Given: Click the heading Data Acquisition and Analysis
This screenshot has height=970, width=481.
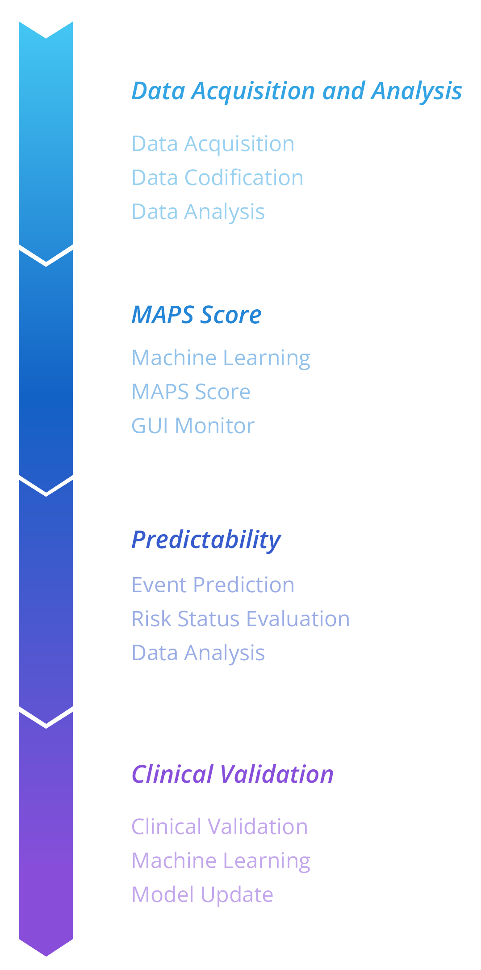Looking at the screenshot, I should point(297,91).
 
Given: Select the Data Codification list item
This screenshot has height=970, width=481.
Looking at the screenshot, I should point(217,177).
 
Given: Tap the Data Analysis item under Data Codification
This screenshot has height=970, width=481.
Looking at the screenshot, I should point(198,211).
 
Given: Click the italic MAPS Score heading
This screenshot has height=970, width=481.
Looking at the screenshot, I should point(197,315).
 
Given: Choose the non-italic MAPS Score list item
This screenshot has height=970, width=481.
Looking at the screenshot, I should point(191,392).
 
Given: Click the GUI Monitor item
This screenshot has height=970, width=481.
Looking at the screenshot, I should point(192,426).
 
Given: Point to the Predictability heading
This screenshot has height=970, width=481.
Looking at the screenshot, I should point(206,540).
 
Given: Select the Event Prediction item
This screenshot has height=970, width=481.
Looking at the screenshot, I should point(213,585).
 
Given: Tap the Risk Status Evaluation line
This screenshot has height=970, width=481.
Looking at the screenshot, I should point(240,619).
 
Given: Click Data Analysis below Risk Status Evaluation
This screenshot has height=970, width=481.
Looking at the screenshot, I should point(198,653).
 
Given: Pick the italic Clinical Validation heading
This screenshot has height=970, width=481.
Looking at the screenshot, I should point(232,774).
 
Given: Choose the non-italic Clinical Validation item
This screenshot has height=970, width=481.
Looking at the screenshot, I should point(219,827).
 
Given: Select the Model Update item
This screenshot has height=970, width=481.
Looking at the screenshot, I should point(202,895).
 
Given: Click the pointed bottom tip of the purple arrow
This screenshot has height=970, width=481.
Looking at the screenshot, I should point(46,954).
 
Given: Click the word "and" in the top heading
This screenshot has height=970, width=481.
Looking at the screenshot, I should point(343,91).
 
